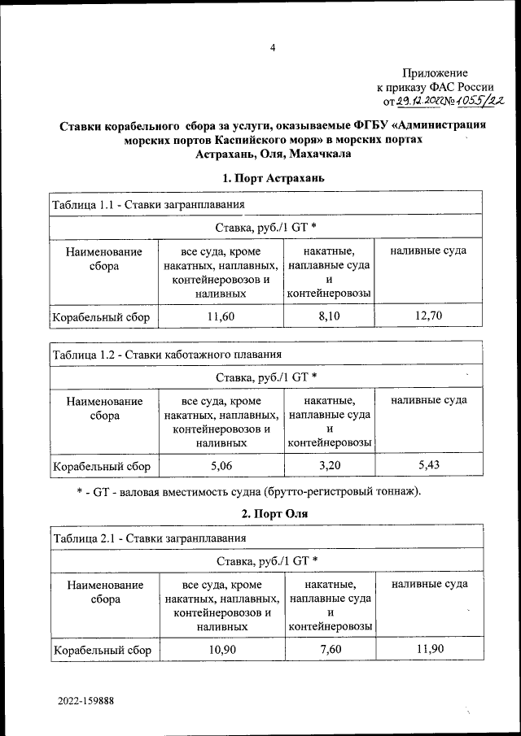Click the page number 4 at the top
[274, 48]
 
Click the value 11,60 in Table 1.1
[221, 316]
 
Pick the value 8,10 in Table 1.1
[329, 316]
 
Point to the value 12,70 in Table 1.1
[428, 316]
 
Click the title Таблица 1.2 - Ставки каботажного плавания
[168, 355]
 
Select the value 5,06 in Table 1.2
[221, 466]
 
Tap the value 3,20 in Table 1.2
[329, 466]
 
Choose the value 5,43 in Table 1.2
[428, 466]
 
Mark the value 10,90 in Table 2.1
[221, 649]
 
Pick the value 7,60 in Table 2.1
[329, 649]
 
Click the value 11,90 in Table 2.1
[428, 649]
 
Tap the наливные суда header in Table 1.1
[428, 250]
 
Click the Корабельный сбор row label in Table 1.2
[102, 467]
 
